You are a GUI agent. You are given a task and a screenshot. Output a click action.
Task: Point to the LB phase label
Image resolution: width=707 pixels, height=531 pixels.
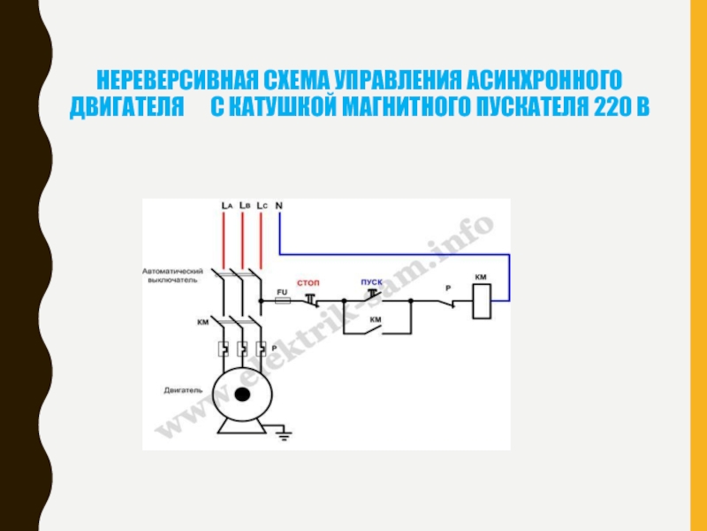pos(244,204)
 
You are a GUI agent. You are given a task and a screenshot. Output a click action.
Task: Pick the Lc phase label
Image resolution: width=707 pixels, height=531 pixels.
pos(262,204)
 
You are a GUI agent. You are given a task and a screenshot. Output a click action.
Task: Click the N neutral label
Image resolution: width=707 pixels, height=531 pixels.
pos(279,204)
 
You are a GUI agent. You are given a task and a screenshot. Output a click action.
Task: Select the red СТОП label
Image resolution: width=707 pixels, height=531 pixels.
pos(308,282)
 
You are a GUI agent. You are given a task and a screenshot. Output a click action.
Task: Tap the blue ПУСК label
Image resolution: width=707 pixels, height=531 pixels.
pos(371,282)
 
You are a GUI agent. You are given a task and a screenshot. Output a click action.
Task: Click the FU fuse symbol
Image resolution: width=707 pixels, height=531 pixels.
pos(282,301)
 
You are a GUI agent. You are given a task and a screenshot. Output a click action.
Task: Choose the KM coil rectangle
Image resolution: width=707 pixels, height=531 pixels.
pos(482,302)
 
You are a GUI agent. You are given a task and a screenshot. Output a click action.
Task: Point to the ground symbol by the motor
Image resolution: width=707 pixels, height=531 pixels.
pos(284,434)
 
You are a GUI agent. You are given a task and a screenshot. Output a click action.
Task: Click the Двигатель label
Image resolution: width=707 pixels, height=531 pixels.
pos(184,389)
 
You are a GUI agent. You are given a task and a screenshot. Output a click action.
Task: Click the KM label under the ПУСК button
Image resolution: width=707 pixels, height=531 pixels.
pos(375,319)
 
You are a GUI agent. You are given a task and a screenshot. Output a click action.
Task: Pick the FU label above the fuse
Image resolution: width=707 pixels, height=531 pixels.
pos(282,290)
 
